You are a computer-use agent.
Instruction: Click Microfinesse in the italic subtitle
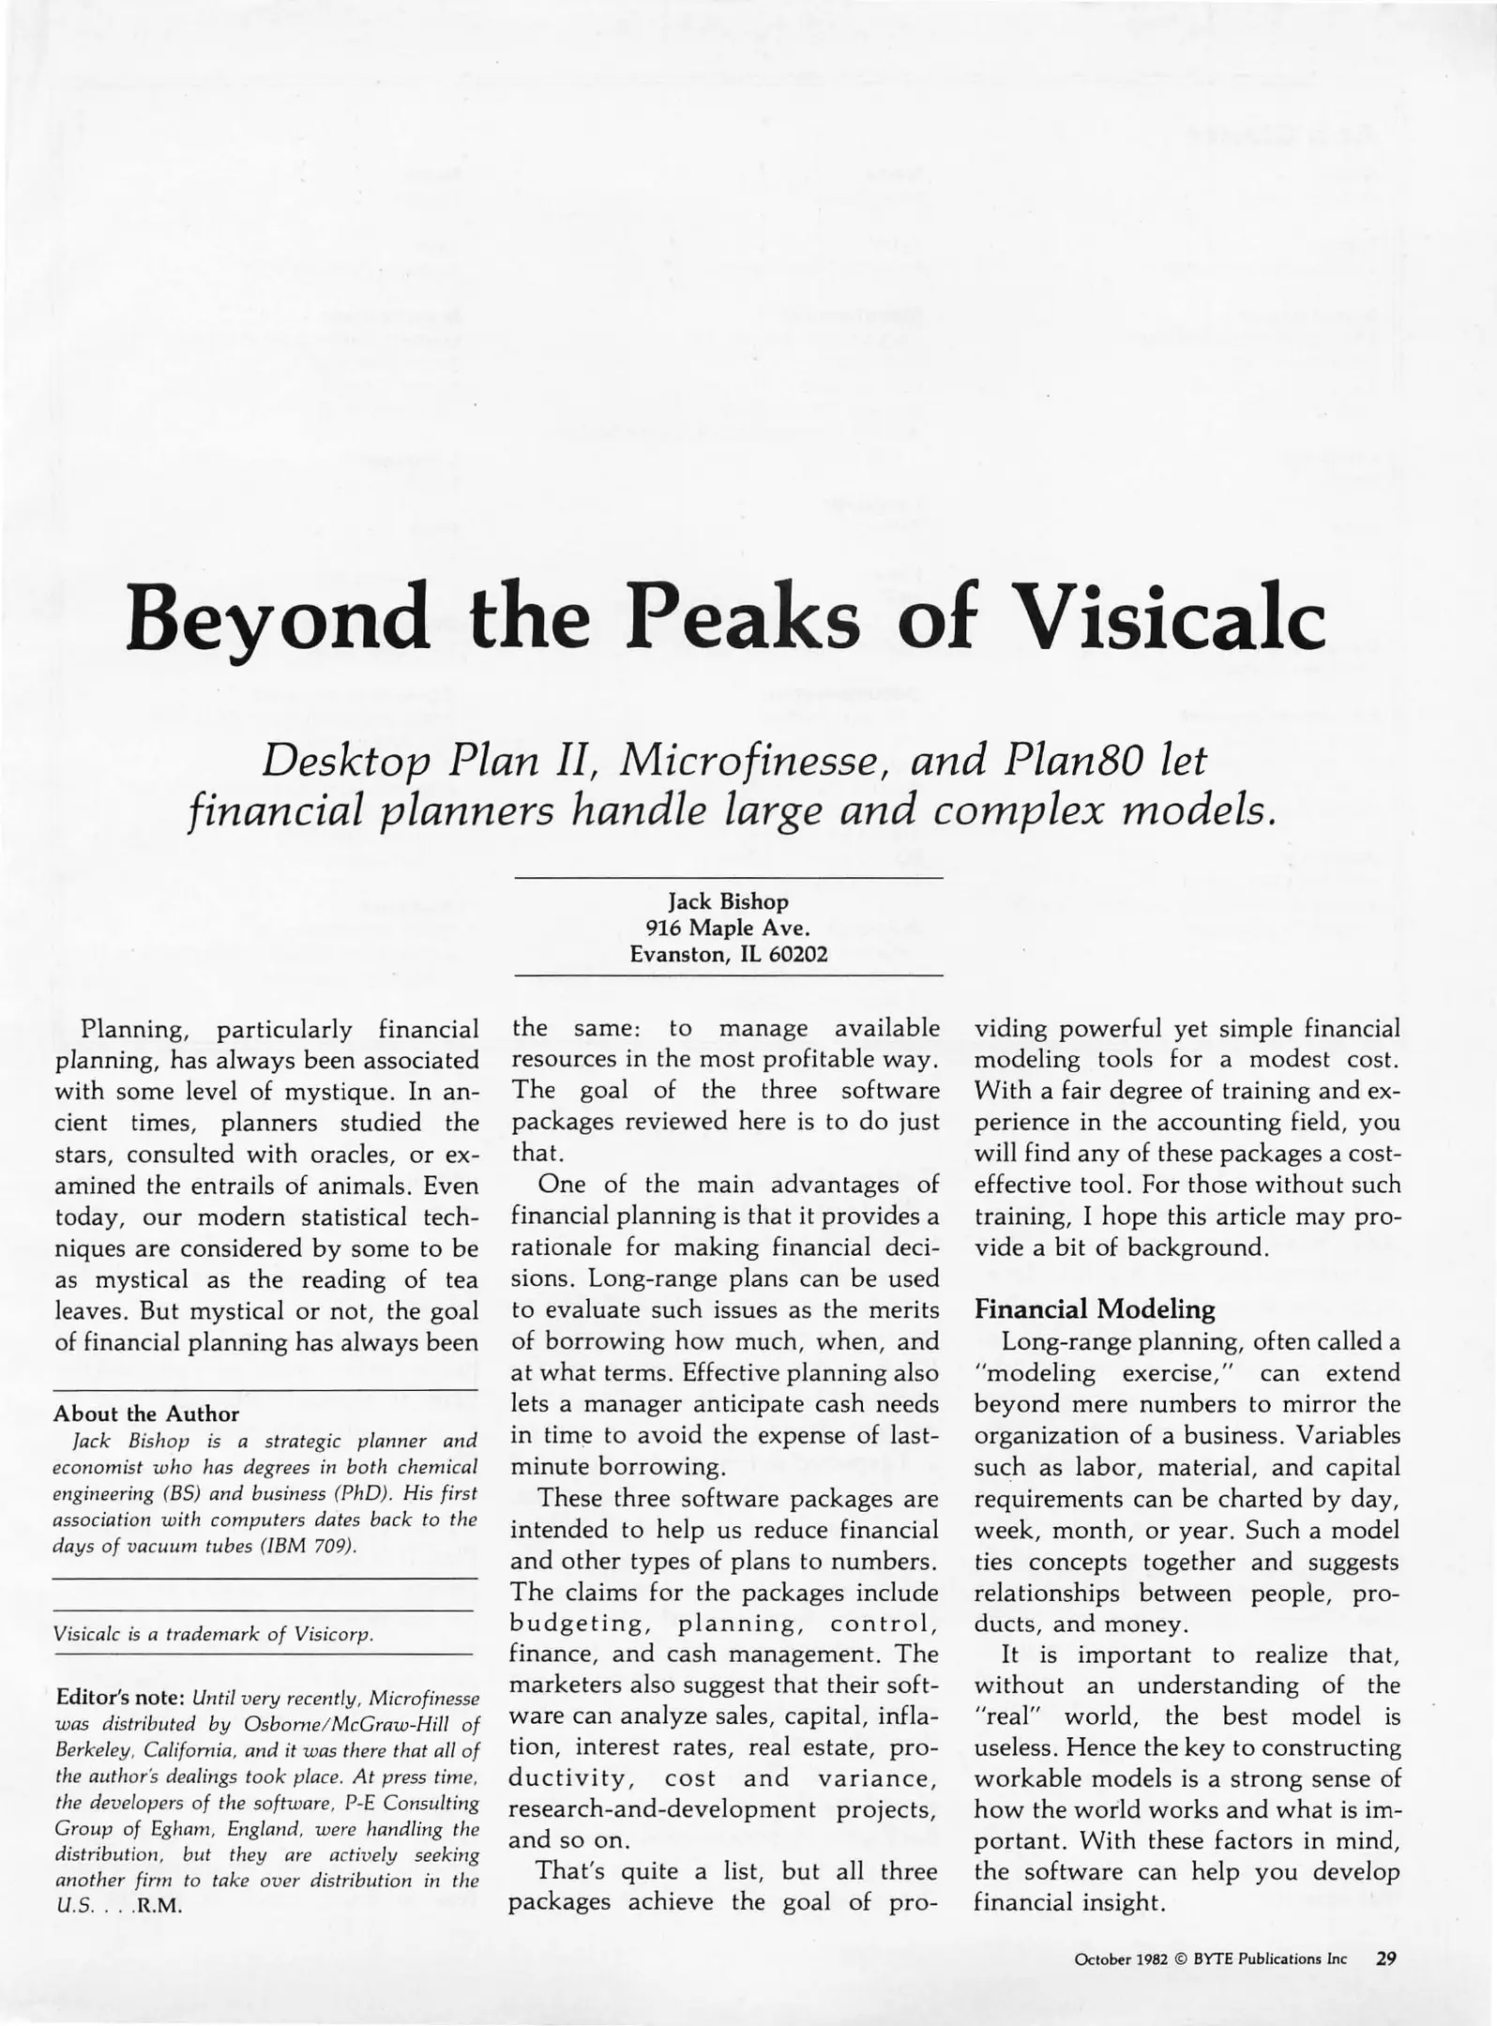point(752,761)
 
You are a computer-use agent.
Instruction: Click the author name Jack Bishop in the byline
point(728,901)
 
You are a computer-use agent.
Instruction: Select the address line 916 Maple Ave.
point(728,928)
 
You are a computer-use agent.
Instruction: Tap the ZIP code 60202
point(797,955)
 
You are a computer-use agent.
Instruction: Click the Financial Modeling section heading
point(1095,1308)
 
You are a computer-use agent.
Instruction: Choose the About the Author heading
point(146,1413)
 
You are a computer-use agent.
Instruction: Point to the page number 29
point(1386,1958)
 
